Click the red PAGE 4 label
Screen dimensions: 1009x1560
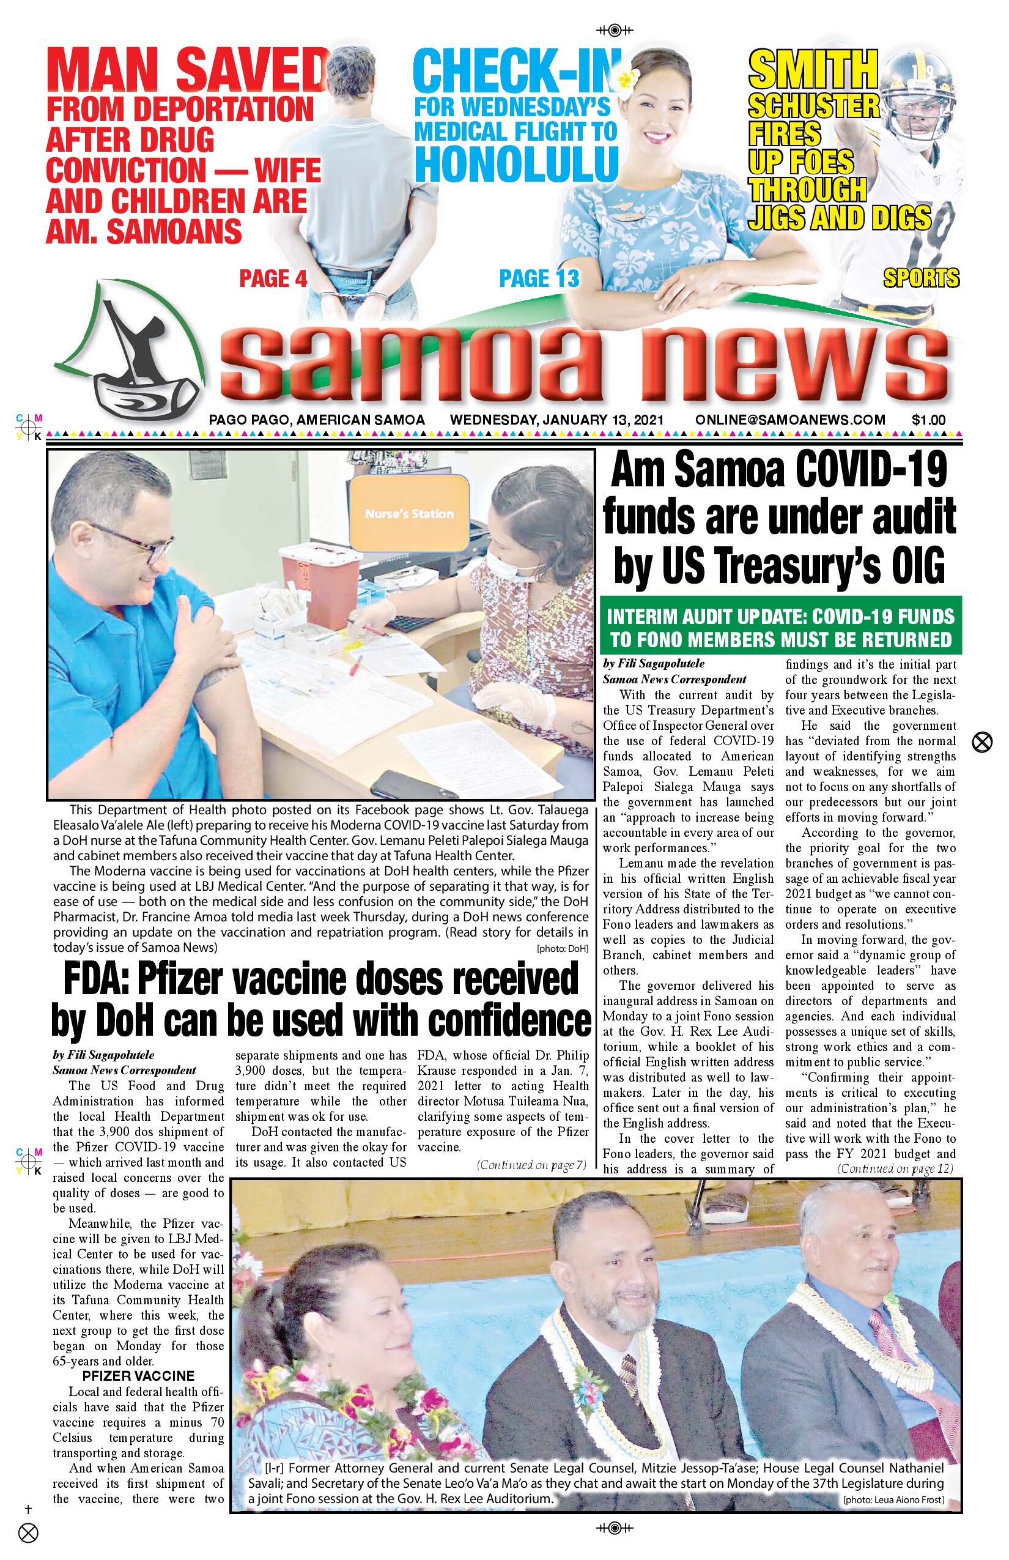click(x=273, y=278)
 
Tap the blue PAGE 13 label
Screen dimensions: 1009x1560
click(x=539, y=278)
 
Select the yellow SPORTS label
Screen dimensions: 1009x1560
click(x=920, y=278)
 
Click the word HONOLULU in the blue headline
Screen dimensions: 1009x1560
click(x=516, y=164)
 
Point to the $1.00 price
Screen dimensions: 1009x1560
click(x=928, y=420)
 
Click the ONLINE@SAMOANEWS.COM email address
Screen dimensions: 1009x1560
click(x=790, y=420)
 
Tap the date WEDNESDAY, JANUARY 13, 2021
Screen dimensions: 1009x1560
click(x=557, y=420)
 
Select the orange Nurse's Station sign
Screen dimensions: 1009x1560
click(x=410, y=513)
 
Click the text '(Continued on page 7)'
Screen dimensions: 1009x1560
click(x=531, y=1165)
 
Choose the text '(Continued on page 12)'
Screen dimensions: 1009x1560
click(x=895, y=1168)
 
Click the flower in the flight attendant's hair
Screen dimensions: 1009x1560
click(x=627, y=80)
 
